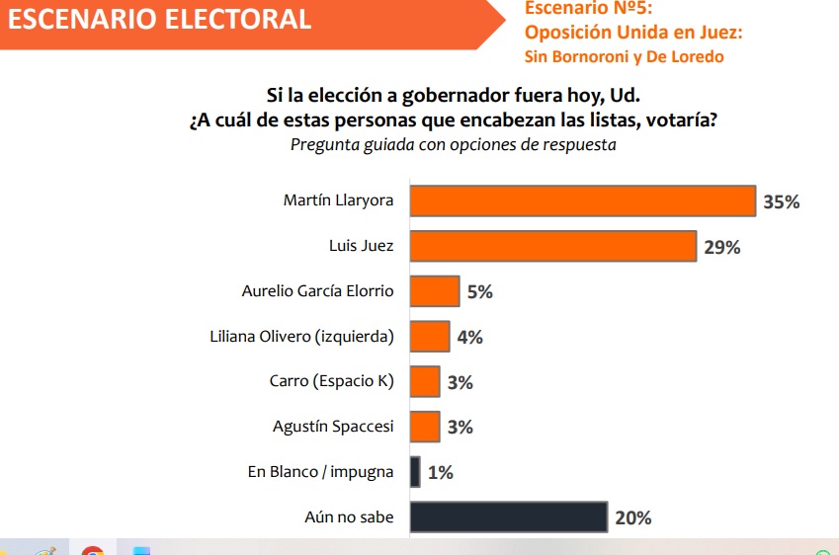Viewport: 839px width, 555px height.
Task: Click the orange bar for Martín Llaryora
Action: [x=582, y=200]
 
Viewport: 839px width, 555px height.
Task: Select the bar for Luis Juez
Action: [x=552, y=246]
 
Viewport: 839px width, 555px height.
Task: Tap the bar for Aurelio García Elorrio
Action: [x=434, y=291]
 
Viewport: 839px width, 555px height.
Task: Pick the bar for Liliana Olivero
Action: [x=429, y=337]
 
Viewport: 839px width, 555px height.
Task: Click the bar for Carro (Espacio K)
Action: [x=424, y=381]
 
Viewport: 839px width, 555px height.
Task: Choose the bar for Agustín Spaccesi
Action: [x=424, y=427]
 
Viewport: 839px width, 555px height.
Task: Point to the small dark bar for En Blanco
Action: [x=415, y=471]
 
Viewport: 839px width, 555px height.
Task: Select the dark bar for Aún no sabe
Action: [x=508, y=516]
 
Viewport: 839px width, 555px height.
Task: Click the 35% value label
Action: [x=781, y=202]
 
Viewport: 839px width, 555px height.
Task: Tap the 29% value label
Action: [x=721, y=247]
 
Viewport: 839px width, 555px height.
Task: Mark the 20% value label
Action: [x=632, y=517]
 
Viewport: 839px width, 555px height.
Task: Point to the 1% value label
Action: [x=441, y=472]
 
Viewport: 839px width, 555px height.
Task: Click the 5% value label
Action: [x=480, y=292]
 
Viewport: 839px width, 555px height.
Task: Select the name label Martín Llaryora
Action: [x=338, y=200]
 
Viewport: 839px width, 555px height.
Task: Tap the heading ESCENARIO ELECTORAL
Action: [x=158, y=18]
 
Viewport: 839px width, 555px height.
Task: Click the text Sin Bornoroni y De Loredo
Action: [x=624, y=56]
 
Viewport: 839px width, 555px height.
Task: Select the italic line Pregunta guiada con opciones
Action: [x=454, y=144]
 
